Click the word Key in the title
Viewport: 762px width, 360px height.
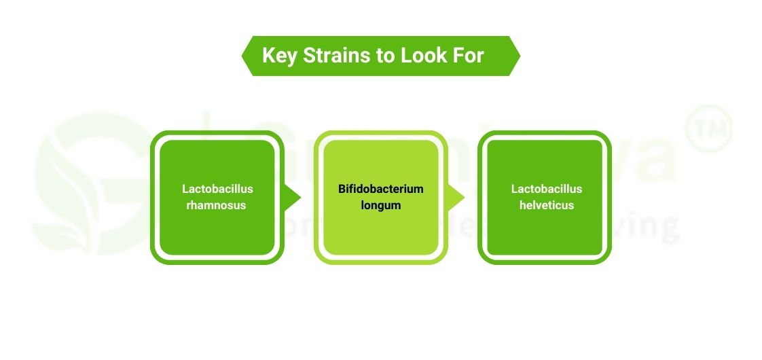(x=279, y=56)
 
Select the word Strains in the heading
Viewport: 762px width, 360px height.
(x=335, y=56)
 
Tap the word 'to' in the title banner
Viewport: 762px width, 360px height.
(x=384, y=56)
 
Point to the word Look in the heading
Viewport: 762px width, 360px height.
(x=422, y=56)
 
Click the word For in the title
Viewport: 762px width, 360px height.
(x=469, y=56)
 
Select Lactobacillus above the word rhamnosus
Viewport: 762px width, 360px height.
(x=217, y=189)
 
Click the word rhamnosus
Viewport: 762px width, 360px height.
(x=217, y=204)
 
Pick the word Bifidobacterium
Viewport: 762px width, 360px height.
(x=381, y=189)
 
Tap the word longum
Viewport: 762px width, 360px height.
(x=381, y=204)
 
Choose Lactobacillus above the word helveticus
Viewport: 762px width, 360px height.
(x=547, y=189)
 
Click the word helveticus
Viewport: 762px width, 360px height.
(x=547, y=204)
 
